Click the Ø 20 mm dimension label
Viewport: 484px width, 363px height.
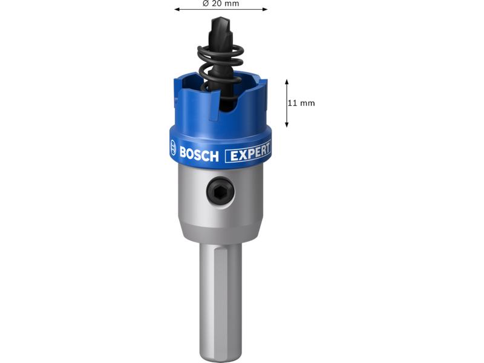tap(221, 4)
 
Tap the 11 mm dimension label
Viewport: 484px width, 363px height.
tap(301, 103)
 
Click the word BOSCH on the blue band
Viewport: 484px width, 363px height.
tap(199, 154)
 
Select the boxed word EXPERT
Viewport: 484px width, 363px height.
tap(248, 152)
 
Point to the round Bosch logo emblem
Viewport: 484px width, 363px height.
tap(173, 147)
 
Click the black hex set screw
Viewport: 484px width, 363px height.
tap(220, 192)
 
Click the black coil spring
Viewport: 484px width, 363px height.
tap(220, 68)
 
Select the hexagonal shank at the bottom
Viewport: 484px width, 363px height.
tap(220, 301)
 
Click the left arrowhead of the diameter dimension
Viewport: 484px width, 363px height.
tap(177, 9)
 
